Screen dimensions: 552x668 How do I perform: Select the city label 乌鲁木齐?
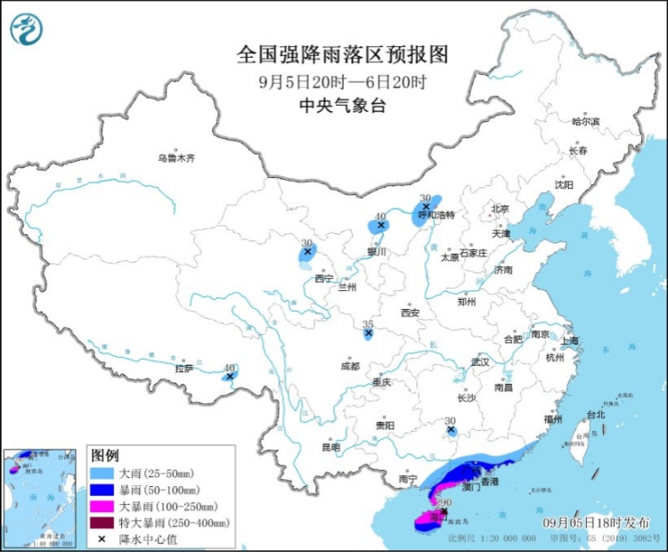tap(175, 158)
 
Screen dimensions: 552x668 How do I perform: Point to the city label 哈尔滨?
tap(585, 121)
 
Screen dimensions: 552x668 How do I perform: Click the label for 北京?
tap(499, 210)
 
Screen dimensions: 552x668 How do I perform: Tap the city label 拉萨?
tap(184, 368)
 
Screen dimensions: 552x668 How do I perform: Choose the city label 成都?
tap(349, 366)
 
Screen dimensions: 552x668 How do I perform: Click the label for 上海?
tap(569, 341)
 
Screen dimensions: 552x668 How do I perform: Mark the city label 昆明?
tap(330, 447)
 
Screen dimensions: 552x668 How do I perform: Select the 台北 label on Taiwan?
tap(595, 414)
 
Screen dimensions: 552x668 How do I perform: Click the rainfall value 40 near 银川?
tap(380, 215)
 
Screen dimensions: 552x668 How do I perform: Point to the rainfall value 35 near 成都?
tap(367, 324)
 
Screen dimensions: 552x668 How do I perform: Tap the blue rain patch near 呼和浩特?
tap(425, 211)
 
